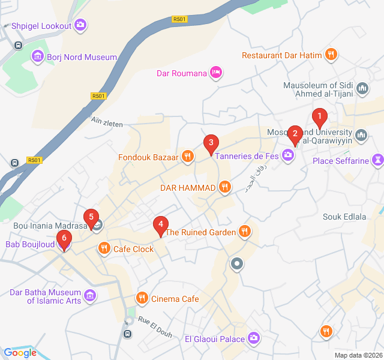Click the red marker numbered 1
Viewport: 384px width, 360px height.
point(320,116)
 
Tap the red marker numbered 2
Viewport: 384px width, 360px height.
point(295,133)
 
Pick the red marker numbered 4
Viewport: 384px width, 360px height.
point(160,224)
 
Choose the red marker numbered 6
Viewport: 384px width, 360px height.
point(64,239)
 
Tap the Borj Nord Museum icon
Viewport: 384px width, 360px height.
point(38,57)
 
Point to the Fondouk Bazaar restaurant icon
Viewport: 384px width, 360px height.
point(188,157)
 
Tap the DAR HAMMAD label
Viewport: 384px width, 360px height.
point(187,188)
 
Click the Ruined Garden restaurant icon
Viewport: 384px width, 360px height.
point(244,232)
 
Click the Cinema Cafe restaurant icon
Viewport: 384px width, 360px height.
point(142,298)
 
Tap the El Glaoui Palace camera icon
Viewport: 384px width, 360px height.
point(254,339)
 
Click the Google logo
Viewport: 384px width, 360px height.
point(20,353)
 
